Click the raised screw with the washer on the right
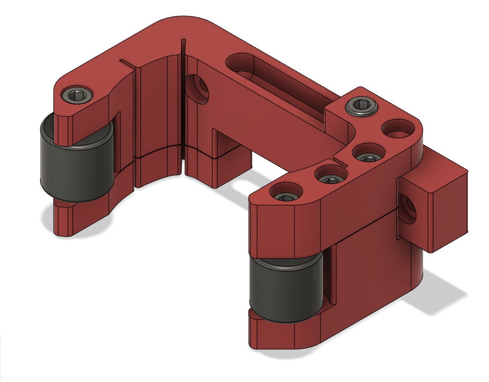point(363,106)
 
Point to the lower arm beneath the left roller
point(75,220)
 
